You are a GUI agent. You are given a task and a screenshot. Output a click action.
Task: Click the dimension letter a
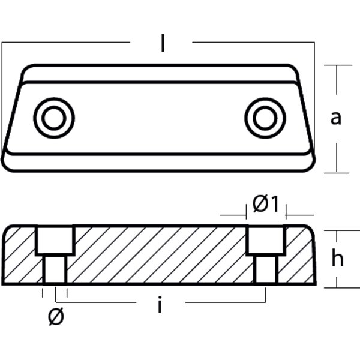pos(336,118)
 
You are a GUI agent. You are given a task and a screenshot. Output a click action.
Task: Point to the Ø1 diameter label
pos(265,205)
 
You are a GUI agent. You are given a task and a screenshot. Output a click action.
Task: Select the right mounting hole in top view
pos(262,118)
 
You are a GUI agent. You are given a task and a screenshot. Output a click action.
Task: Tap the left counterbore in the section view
pos(56,240)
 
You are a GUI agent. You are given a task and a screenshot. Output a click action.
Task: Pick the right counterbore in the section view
pos(265,240)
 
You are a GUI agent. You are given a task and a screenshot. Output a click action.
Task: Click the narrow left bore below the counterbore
pos(55,268)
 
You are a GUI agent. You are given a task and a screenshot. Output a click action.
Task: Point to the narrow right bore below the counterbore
pos(265,268)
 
